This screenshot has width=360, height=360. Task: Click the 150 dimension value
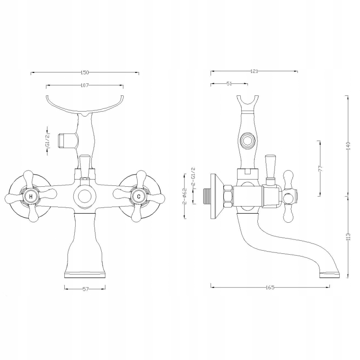(85, 72)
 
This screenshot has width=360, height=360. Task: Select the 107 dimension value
(85, 85)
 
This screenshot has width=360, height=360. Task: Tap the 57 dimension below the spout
(85, 289)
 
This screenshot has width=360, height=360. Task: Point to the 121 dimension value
(254, 72)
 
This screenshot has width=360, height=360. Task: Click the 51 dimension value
(229, 84)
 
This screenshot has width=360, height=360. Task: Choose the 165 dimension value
(270, 288)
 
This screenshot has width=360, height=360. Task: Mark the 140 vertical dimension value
(349, 146)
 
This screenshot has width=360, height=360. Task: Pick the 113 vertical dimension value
(349, 237)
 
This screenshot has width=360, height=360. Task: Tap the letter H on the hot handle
(31, 197)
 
